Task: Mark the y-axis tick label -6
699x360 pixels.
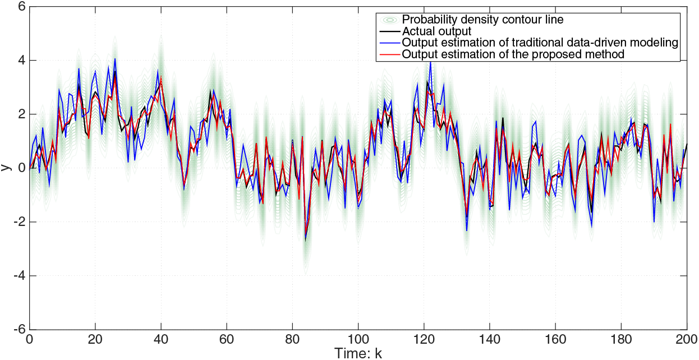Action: tap(19, 329)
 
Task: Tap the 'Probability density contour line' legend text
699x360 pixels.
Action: tap(483, 20)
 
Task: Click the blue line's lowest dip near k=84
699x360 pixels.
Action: tap(306, 240)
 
